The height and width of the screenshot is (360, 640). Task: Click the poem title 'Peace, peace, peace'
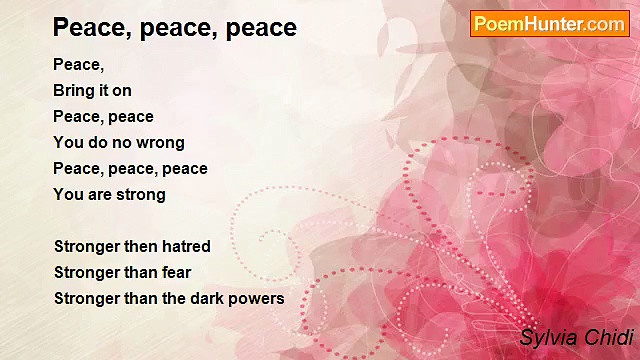[x=175, y=27]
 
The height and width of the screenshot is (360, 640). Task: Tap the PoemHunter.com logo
[x=549, y=24]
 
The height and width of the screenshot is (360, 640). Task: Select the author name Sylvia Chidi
[x=576, y=338]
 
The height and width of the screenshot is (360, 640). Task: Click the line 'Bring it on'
[x=92, y=90]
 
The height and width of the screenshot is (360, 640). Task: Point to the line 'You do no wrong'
[x=119, y=142]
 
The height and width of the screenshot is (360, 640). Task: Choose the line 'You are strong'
[x=109, y=194]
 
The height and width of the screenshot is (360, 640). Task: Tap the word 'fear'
[x=176, y=272]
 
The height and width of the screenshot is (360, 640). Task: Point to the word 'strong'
[x=140, y=194]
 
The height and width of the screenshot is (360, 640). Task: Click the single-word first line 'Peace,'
[x=78, y=64]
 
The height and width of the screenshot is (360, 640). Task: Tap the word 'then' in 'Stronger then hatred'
[x=141, y=246]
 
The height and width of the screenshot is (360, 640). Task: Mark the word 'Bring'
[x=74, y=90]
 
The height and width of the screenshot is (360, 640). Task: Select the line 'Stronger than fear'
[x=122, y=272]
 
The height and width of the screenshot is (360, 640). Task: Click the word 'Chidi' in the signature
[x=608, y=338]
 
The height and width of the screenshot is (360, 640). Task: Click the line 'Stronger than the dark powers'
[x=169, y=298]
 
